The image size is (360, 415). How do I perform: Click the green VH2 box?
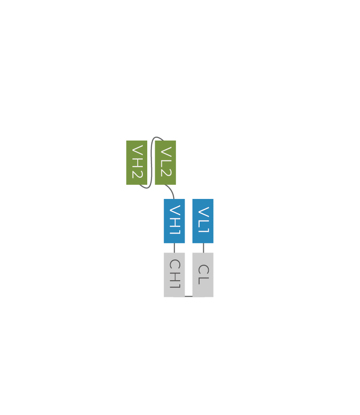pos(137,162)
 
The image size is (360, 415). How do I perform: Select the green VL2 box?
pos(165,162)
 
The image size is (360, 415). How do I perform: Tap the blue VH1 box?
pos(175,221)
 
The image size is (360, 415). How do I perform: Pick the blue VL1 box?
pos(203,221)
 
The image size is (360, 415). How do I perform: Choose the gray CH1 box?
pos(175,275)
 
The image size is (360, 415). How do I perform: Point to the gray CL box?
pos(203,275)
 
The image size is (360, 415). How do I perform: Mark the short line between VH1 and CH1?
pos(175,248)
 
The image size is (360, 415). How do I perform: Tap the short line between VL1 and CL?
pos(204,248)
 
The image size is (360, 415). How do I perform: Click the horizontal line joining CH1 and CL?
pos(189,296)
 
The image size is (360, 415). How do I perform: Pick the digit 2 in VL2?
pos(166,173)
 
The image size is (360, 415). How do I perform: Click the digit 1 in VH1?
pos(175,231)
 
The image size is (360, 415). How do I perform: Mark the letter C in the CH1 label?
pos(175,265)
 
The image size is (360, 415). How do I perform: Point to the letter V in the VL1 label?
pos(204,212)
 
